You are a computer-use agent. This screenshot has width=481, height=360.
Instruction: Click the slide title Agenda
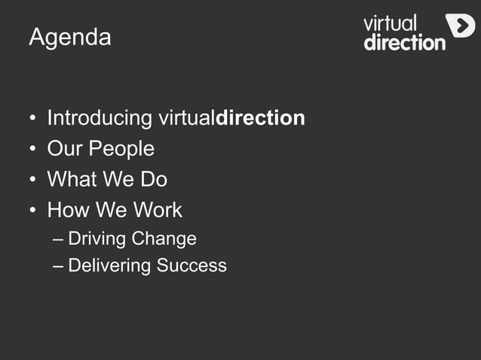pyautogui.click(x=69, y=37)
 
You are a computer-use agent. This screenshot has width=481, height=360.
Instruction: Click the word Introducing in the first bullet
pyautogui.click(x=100, y=118)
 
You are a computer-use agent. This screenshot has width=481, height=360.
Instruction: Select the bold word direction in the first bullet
pyautogui.click(x=260, y=118)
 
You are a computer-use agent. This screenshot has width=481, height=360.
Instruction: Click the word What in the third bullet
pyautogui.click(x=70, y=179)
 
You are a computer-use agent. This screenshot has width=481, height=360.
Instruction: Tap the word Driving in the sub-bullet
pyautogui.click(x=97, y=239)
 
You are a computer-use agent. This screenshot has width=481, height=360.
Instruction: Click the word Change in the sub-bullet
pyautogui.click(x=164, y=239)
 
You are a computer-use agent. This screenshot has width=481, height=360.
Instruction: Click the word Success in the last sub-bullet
pyautogui.click(x=191, y=265)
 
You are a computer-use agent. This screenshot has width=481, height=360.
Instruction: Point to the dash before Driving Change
pyautogui.click(x=59, y=239)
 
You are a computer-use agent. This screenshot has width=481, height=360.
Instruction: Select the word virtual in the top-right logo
pyautogui.click(x=390, y=23)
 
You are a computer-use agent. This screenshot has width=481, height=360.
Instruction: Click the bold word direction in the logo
pyautogui.click(x=405, y=42)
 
